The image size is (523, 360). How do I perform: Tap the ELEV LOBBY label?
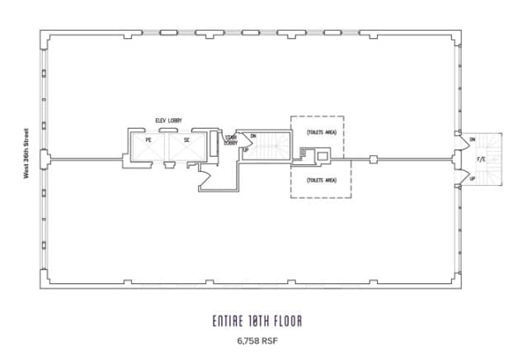tap(168, 121)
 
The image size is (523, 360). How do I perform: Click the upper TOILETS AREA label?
tap(321, 131)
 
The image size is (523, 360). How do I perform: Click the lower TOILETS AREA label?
tap(321, 179)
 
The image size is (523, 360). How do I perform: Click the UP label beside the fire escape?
tap(473, 178)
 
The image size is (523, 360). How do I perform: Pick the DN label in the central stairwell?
tap(253, 135)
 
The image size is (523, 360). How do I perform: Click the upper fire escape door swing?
tap(458, 142)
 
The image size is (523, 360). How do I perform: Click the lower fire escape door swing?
tap(458, 175)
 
